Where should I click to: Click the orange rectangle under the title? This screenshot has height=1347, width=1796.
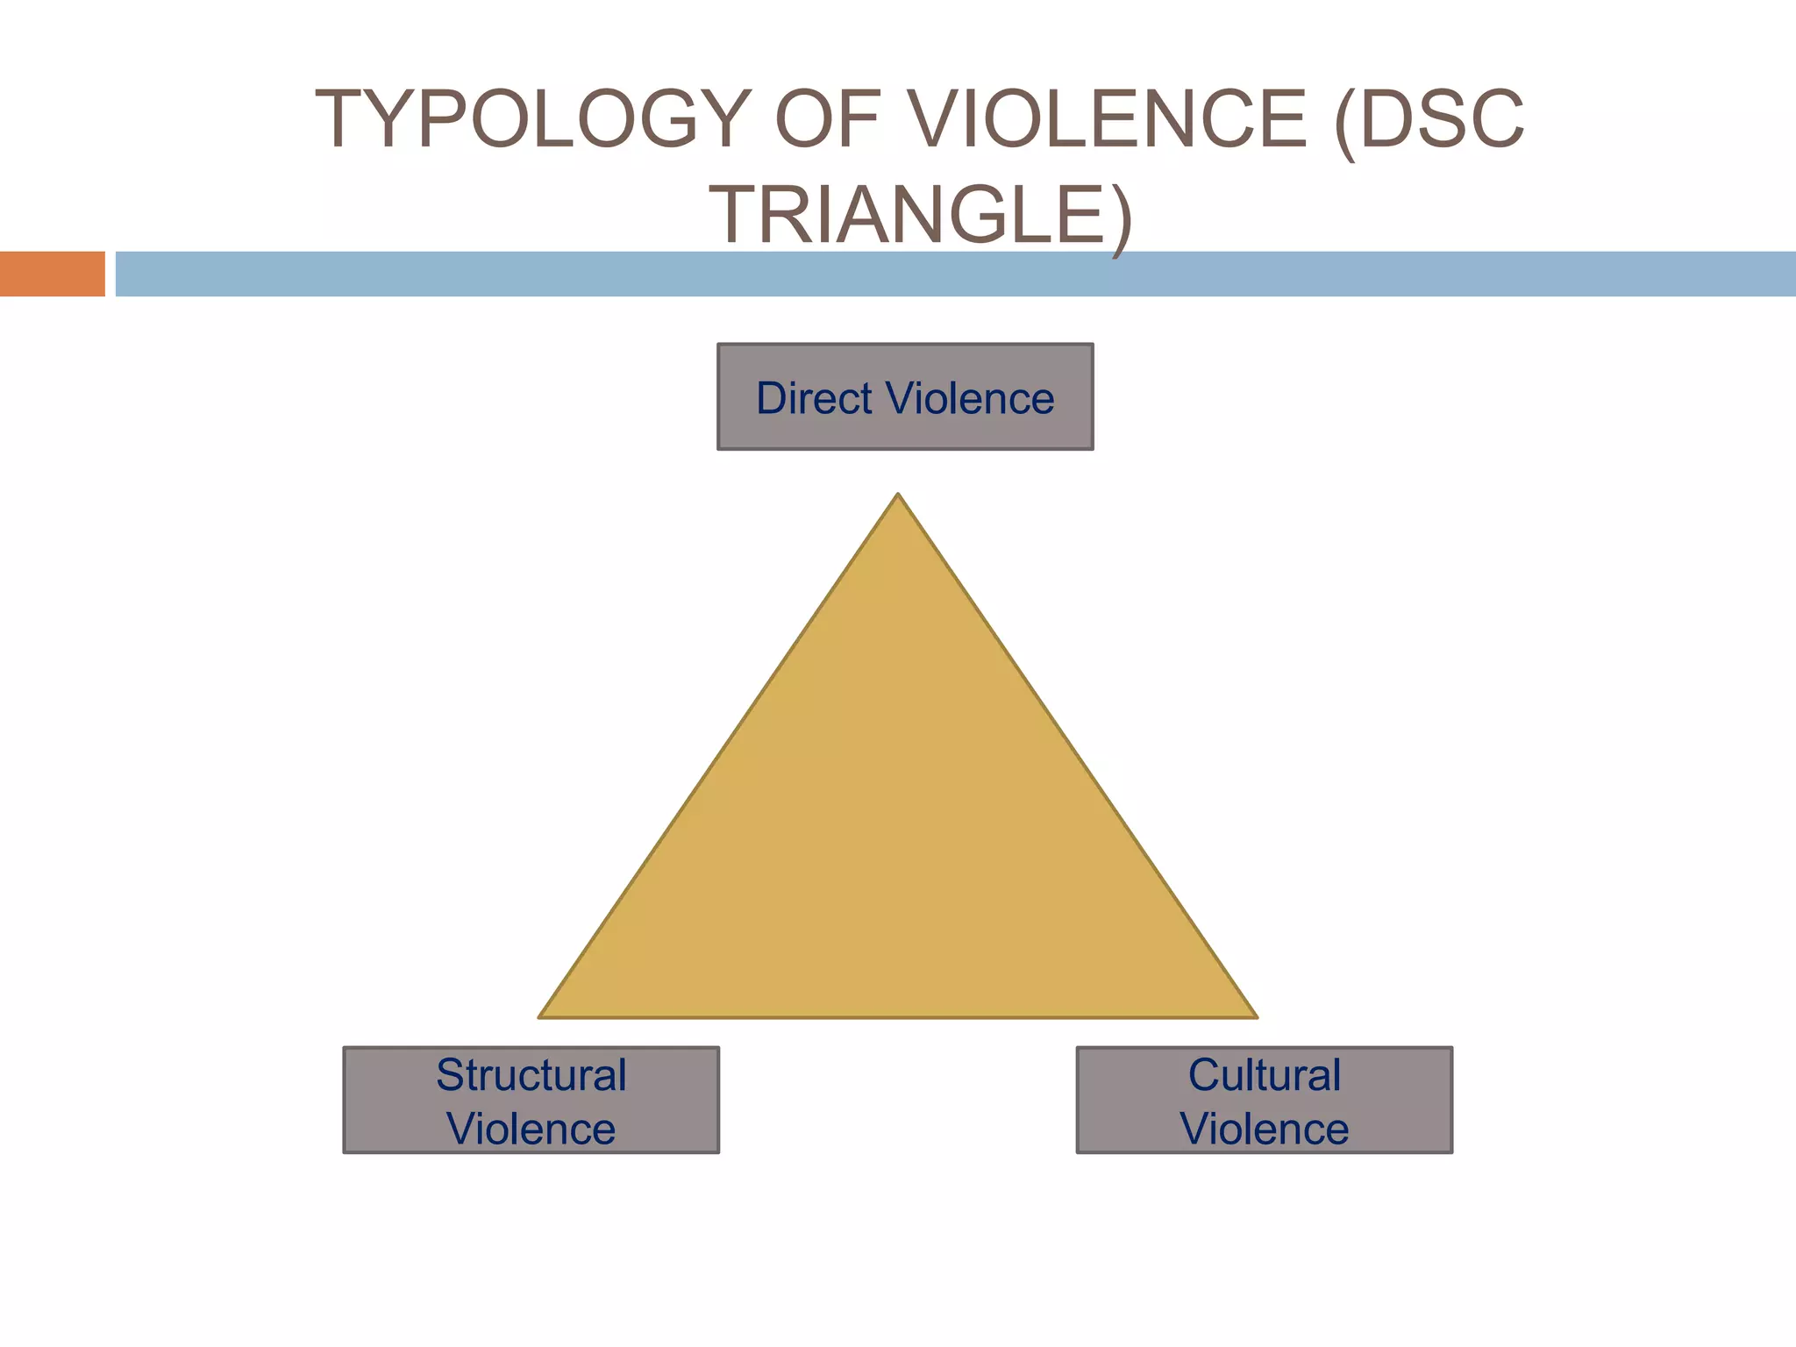click(52, 274)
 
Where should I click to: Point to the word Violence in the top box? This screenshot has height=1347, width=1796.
click(970, 398)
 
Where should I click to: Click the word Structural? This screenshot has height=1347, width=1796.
click(531, 1075)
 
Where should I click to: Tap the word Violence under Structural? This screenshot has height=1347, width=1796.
click(531, 1129)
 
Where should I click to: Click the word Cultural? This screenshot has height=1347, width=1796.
click(1264, 1075)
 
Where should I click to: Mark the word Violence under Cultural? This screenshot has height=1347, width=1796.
click(1264, 1129)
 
